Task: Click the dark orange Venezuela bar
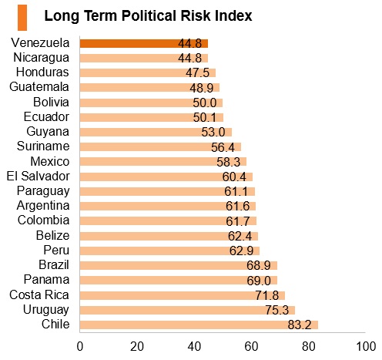point(144,43)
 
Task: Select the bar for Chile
point(199,325)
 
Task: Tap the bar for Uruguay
point(187,310)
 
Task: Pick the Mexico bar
point(163,162)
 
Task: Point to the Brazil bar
point(179,265)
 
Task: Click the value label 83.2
point(300,325)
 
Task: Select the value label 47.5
point(198,72)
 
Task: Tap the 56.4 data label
point(223,147)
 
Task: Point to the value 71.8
point(267,295)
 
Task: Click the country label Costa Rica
point(39,294)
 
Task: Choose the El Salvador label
point(39,177)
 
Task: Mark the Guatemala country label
point(39,87)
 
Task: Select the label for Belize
point(53,235)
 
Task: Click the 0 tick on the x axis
point(80,347)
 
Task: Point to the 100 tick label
point(366,347)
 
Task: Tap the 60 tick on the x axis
point(251,347)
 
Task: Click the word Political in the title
point(149,16)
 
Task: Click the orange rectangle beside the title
point(22,18)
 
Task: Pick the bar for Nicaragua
point(144,58)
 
